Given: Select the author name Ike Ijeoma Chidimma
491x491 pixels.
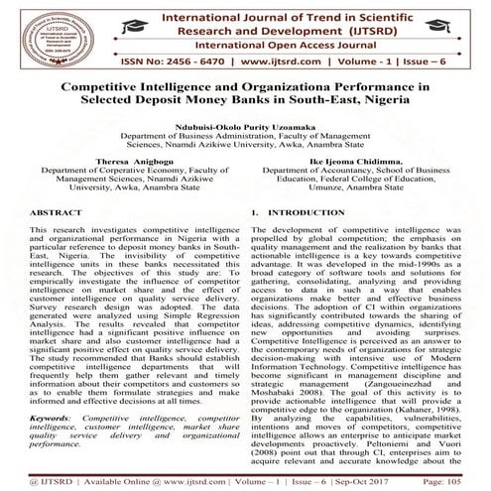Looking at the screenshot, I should coord(359,159).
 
